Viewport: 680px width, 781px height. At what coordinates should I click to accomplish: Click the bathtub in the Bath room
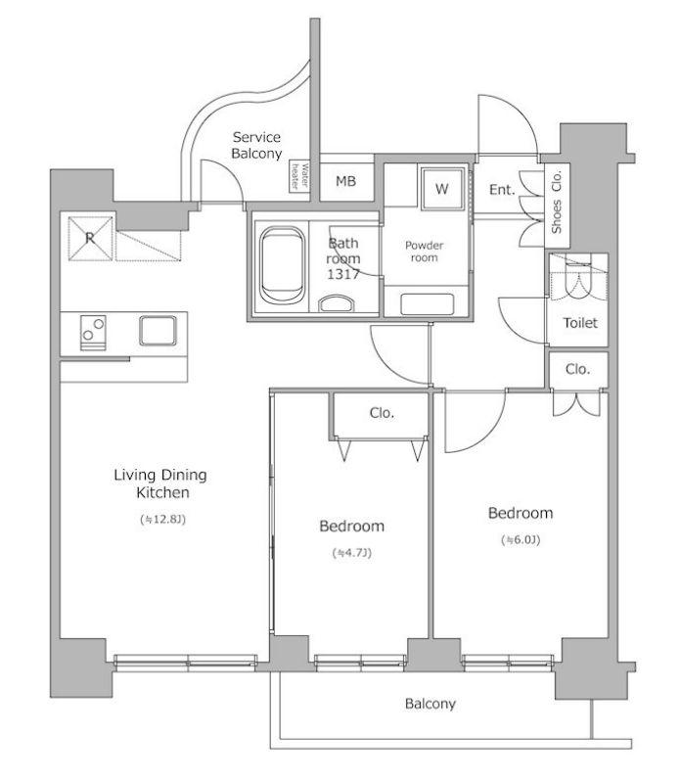click(282, 265)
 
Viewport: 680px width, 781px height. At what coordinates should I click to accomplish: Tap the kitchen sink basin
click(158, 330)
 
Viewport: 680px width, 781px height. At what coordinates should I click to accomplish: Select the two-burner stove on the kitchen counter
click(93, 332)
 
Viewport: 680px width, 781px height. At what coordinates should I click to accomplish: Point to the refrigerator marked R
click(90, 238)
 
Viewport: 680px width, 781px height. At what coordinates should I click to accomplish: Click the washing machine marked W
click(442, 189)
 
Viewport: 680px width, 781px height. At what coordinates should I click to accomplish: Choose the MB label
click(346, 181)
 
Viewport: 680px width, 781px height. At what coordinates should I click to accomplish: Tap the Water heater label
click(299, 176)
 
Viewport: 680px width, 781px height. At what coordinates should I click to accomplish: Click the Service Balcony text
click(257, 145)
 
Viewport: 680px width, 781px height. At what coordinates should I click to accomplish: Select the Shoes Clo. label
click(557, 202)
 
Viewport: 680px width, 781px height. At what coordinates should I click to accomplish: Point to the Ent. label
click(502, 189)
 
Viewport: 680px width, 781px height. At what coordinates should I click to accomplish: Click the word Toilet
click(580, 323)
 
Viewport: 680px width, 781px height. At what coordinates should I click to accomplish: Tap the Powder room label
click(424, 251)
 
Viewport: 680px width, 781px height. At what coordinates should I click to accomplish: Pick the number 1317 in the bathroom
click(343, 274)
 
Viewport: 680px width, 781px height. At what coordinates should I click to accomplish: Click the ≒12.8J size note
click(162, 520)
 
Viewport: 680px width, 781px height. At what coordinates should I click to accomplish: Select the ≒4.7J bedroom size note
click(352, 552)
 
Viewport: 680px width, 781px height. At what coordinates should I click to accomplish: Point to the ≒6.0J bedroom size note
click(521, 539)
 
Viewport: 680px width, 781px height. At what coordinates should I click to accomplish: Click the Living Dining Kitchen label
click(160, 483)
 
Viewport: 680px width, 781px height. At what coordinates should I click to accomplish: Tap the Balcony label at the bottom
click(431, 704)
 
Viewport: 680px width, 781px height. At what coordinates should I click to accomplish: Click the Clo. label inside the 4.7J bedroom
click(382, 413)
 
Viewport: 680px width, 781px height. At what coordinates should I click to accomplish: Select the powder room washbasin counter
click(428, 303)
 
